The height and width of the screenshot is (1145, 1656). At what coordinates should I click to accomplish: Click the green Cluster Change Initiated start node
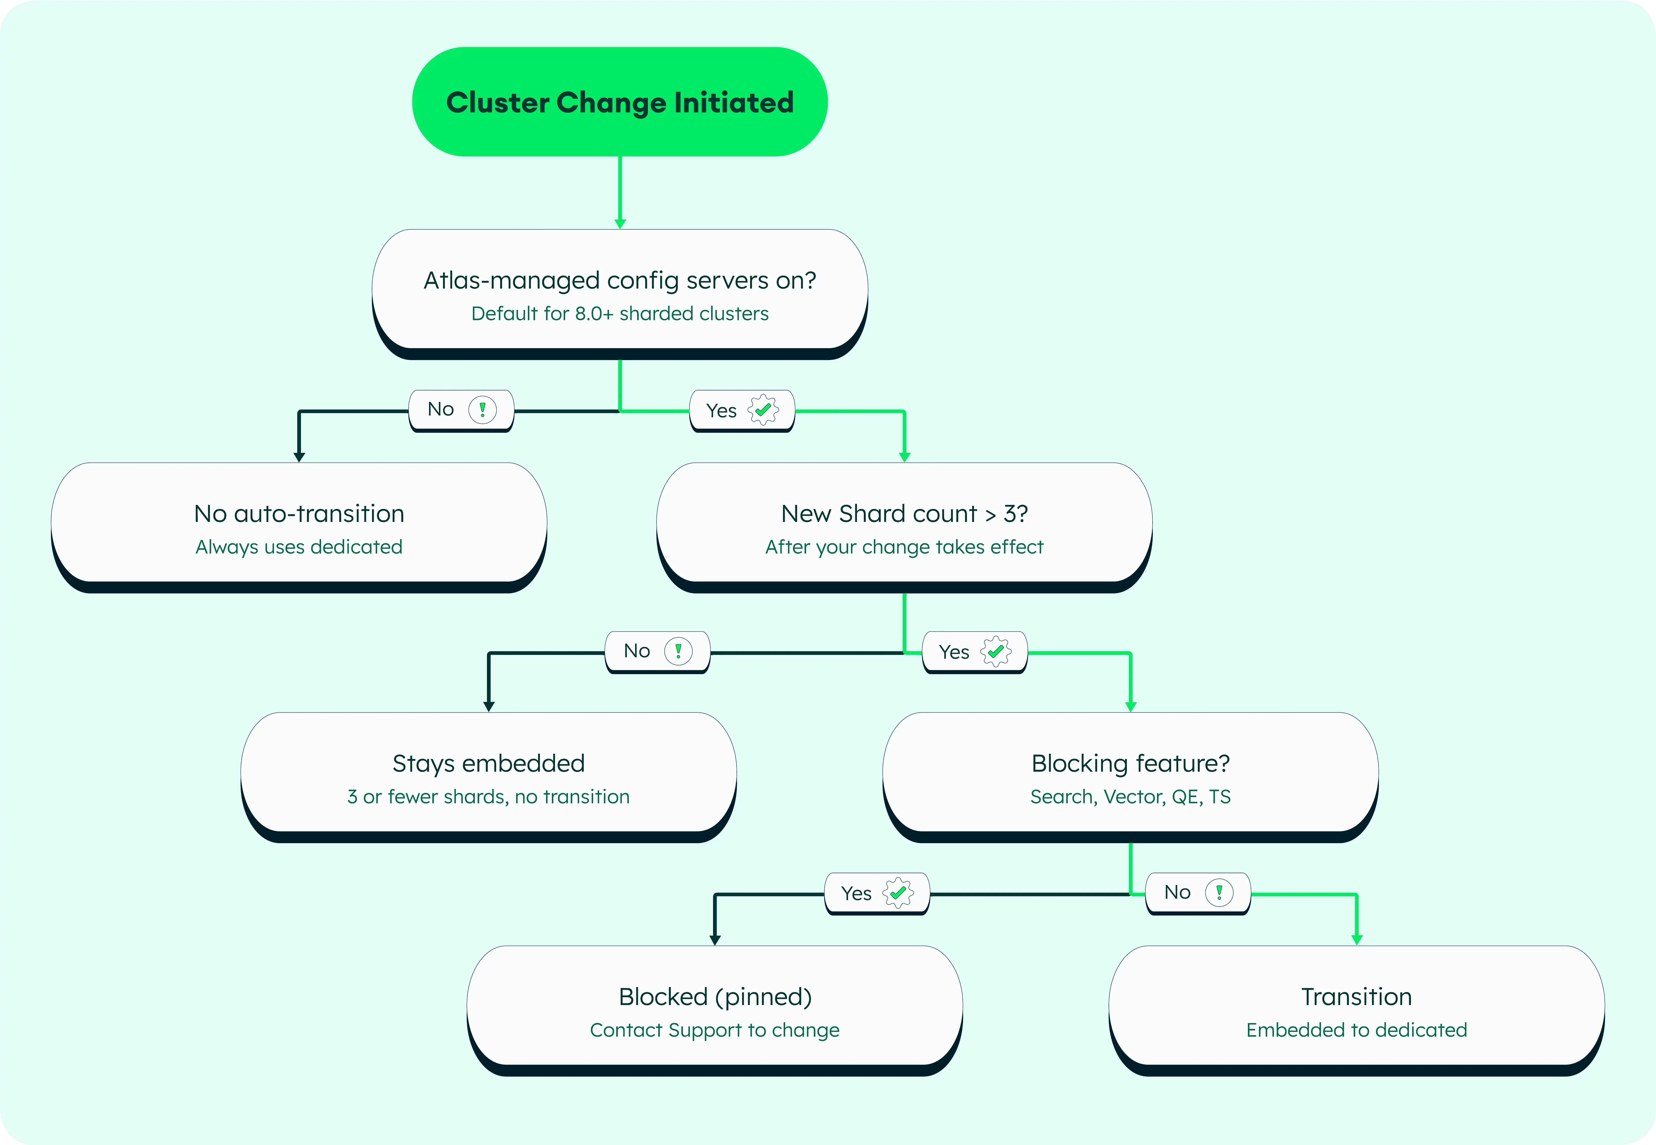[x=620, y=102]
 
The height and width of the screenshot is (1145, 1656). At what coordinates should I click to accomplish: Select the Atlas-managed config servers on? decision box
[x=620, y=294]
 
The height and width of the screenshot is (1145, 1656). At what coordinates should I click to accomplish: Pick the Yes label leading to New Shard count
[x=742, y=411]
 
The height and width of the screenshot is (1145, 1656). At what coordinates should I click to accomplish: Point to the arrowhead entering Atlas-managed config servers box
[x=620, y=224]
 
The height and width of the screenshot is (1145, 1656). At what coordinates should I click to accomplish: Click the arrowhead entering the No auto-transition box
[x=299, y=457]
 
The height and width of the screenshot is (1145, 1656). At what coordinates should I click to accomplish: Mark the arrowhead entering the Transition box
[x=1357, y=940]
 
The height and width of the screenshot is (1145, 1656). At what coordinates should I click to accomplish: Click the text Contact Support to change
[x=715, y=1030]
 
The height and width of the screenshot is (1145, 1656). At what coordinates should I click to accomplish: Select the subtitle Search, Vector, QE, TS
[x=1131, y=797]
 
